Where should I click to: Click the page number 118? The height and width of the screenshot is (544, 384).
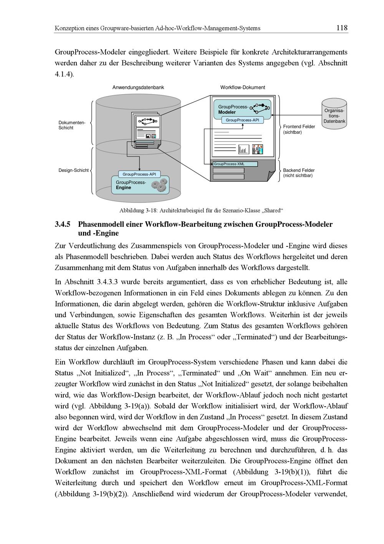click(341, 28)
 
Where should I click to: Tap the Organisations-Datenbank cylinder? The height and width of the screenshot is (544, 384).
click(334, 114)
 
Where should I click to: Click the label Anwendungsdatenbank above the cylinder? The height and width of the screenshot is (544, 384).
click(138, 88)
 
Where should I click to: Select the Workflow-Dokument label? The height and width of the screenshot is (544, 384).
click(242, 88)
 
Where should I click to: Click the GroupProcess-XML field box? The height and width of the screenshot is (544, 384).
click(235, 164)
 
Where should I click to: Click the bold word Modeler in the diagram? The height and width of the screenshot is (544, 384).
click(227, 112)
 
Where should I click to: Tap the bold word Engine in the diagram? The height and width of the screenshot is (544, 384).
click(123, 188)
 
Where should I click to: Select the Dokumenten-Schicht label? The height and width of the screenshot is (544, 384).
click(71, 125)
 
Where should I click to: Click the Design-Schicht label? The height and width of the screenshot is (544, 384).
click(73, 170)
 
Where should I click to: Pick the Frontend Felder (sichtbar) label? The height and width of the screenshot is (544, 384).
click(299, 129)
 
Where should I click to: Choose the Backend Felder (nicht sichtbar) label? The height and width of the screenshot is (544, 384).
click(299, 173)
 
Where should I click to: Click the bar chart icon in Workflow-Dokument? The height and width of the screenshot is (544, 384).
click(244, 149)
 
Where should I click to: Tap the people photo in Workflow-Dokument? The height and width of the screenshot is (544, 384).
click(258, 149)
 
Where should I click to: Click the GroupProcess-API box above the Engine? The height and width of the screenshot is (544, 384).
click(139, 175)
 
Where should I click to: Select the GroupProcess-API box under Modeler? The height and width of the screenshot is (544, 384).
click(242, 120)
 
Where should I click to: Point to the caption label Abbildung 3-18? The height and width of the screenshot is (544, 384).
click(138, 211)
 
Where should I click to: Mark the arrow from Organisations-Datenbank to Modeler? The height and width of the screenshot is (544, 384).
click(296, 115)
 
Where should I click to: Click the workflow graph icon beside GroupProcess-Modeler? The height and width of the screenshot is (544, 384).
click(260, 106)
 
